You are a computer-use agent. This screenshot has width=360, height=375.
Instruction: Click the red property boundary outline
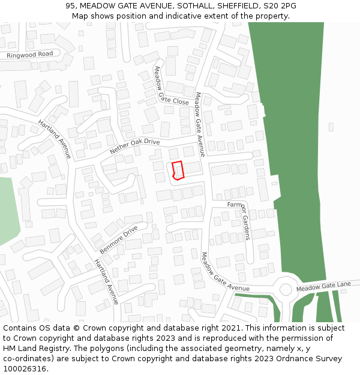click(x=177, y=170)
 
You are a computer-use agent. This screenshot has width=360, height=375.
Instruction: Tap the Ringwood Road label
click(x=29, y=55)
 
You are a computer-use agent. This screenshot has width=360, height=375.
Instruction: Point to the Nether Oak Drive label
click(x=135, y=146)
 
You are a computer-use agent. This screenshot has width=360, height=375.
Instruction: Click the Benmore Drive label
click(x=119, y=238)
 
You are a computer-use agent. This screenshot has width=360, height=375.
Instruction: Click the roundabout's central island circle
click(x=286, y=289)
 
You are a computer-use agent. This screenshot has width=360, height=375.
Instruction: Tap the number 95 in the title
click(x=71, y=5)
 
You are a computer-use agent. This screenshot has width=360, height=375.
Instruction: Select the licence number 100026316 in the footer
click(x=25, y=369)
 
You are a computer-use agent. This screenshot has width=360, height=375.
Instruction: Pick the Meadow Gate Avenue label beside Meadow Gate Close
click(x=200, y=124)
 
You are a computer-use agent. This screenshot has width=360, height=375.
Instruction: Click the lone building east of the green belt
click(x=331, y=127)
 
